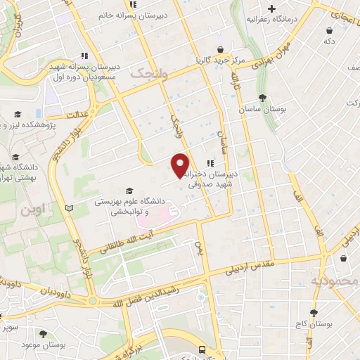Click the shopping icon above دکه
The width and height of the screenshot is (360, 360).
(330, 30)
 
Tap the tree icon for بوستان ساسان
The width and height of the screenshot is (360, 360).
(262, 98)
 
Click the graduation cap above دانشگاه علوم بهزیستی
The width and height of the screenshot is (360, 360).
(128, 190)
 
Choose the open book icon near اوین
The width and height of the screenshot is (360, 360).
(68, 208)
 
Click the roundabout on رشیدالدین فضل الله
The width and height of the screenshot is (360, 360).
(92, 301)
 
